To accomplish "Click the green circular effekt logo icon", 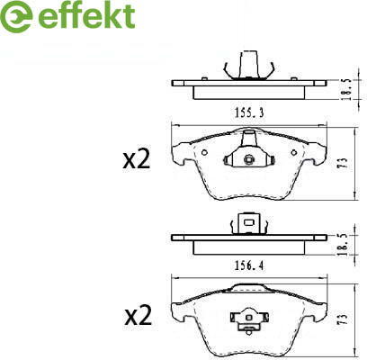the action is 16,17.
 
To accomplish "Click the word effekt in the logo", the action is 86,16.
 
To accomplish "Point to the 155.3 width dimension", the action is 249,112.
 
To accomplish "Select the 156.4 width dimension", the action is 249,265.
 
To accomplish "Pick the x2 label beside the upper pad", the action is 137,160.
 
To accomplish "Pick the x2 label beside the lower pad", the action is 139,317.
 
